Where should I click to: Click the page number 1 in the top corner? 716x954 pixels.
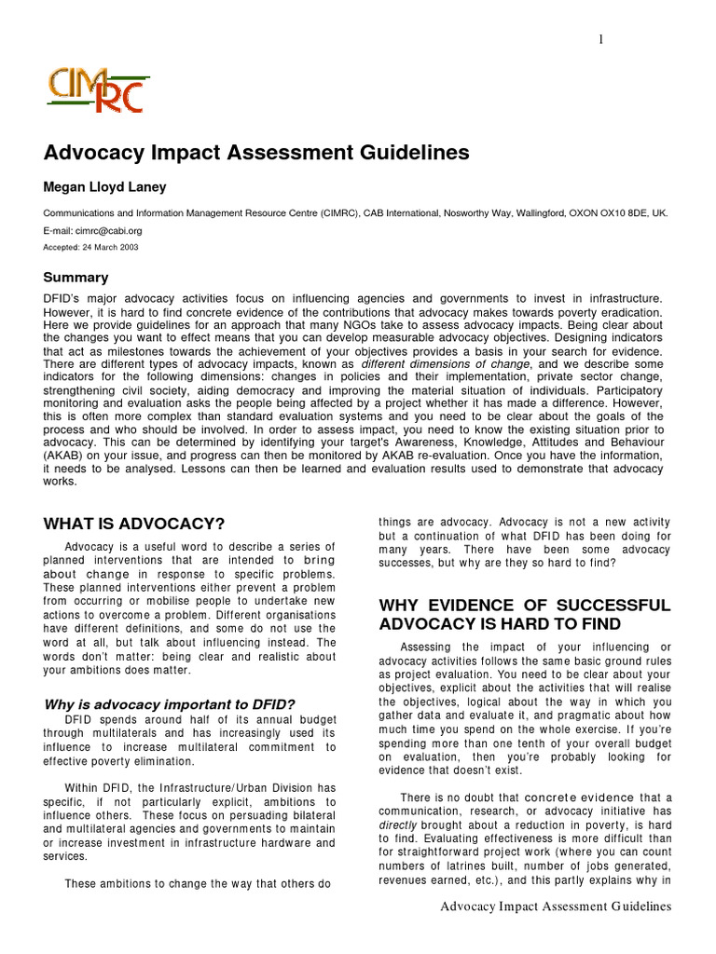(602, 38)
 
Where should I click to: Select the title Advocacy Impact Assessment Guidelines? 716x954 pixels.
(256, 152)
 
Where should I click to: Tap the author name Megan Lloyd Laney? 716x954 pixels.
(105, 187)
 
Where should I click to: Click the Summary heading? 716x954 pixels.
(76, 278)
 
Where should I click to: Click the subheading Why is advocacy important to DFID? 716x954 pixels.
(169, 704)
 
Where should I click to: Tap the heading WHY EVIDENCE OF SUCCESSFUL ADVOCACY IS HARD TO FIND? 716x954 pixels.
(524, 614)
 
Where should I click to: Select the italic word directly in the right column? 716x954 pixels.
(398, 825)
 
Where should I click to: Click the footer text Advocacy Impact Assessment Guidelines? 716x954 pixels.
(556, 906)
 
